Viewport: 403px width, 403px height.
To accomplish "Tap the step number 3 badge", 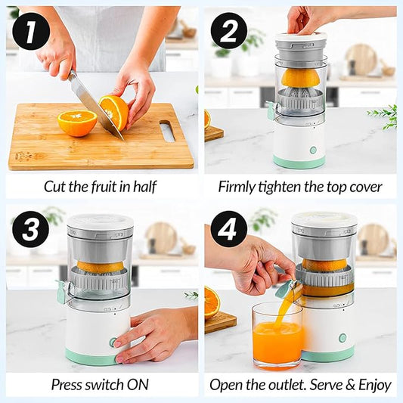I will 31,229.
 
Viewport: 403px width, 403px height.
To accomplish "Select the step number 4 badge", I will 229,229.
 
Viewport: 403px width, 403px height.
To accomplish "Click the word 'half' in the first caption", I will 144,186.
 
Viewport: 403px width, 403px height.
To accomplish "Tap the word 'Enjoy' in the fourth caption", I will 374,384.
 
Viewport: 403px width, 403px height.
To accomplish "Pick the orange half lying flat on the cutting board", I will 77,122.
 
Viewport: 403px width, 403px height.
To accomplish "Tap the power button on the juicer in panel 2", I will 312,150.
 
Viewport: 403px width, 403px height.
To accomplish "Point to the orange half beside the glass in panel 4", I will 212,302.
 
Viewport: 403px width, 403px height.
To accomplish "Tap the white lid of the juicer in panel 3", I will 100,222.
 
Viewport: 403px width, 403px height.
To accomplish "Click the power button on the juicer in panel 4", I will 342,337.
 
